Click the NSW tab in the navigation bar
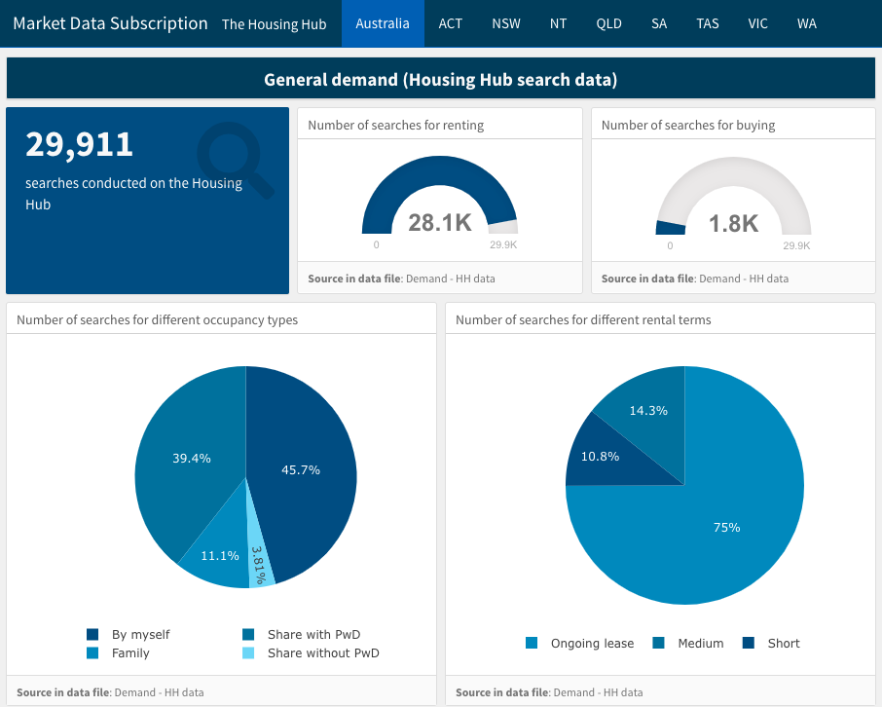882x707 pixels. pyautogui.click(x=506, y=23)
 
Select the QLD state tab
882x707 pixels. pyautogui.click(x=608, y=23)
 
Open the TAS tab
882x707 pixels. pyautogui.click(x=708, y=23)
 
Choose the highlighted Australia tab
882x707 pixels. pyautogui.click(x=383, y=23)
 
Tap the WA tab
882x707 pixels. pyautogui.click(x=806, y=23)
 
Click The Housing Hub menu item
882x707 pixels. pyautogui.click(x=275, y=24)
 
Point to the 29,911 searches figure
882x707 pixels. pyautogui.click(x=79, y=144)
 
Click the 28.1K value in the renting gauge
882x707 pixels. pyautogui.click(x=440, y=223)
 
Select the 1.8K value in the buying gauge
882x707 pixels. pyautogui.click(x=733, y=223)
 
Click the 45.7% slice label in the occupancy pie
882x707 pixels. pyautogui.click(x=301, y=469)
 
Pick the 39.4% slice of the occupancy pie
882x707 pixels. pyautogui.click(x=192, y=458)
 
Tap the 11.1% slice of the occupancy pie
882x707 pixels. pyautogui.click(x=220, y=555)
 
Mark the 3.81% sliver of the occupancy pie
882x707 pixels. pyautogui.click(x=259, y=565)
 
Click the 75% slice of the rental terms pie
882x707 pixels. pyautogui.click(x=726, y=527)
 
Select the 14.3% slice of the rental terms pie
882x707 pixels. pyautogui.click(x=648, y=410)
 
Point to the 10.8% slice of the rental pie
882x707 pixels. pyautogui.click(x=600, y=456)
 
